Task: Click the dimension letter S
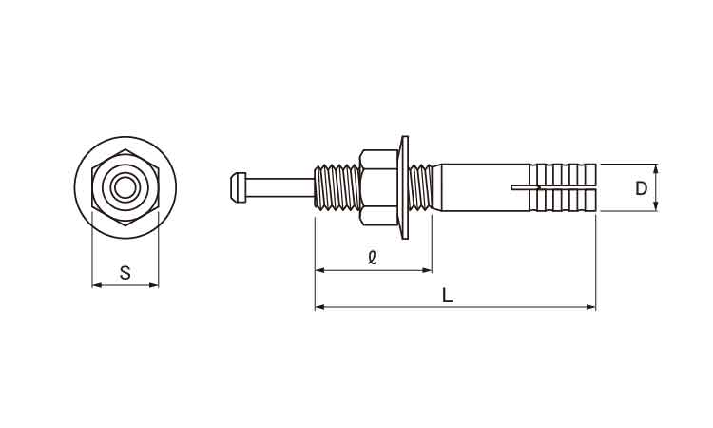coord(125,273)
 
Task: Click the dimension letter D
coord(641,188)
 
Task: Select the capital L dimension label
coord(448,296)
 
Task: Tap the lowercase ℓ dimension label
coord(372,258)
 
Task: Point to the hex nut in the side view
coord(378,187)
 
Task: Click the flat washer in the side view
coord(404,187)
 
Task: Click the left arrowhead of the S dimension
coord(96,285)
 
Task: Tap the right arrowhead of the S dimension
coord(154,285)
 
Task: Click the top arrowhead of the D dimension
coord(656,168)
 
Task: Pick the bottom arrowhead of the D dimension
coord(656,206)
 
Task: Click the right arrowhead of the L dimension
coord(591,307)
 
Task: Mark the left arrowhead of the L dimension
coord(319,307)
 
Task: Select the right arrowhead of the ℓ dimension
coord(427,270)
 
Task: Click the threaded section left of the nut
coord(337,187)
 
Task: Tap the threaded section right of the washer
coord(420,187)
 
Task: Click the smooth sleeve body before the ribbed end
coord(484,187)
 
